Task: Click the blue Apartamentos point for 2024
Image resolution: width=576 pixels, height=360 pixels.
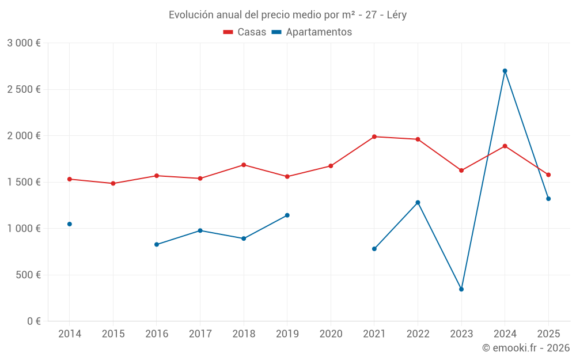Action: click(x=505, y=71)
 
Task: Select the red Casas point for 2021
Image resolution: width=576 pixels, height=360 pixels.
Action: click(x=374, y=137)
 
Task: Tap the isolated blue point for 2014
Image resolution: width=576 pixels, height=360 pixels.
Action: click(x=70, y=224)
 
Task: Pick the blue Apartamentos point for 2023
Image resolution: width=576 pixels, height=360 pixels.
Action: click(x=461, y=289)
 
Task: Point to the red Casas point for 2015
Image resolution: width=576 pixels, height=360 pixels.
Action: click(x=113, y=183)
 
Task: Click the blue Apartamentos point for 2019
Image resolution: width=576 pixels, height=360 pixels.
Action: click(x=287, y=215)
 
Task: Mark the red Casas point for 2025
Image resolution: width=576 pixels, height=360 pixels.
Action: click(x=548, y=175)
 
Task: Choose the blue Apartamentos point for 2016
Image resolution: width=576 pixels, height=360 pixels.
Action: click(x=157, y=244)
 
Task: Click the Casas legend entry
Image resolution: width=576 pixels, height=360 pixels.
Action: click(x=245, y=32)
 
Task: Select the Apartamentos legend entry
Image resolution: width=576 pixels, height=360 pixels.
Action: click(x=312, y=32)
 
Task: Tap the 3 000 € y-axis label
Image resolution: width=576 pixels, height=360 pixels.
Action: click(x=24, y=43)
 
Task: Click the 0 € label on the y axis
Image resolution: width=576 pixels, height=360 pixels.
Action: click(x=33, y=321)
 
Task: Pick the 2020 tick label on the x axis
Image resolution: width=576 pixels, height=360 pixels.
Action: click(x=331, y=334)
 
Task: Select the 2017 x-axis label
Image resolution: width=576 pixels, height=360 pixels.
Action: click(x=200, y=334)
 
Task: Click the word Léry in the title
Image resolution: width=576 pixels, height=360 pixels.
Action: click(x=395, y=15)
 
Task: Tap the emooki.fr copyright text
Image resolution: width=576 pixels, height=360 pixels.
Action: click(x=526, y=348)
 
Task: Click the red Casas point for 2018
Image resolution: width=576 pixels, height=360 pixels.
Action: click(x=244, y=165)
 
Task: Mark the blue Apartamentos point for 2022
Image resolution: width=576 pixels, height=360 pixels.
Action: click(x=418, y=202)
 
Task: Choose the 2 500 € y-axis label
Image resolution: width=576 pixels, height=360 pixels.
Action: click(x=24, y=89)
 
